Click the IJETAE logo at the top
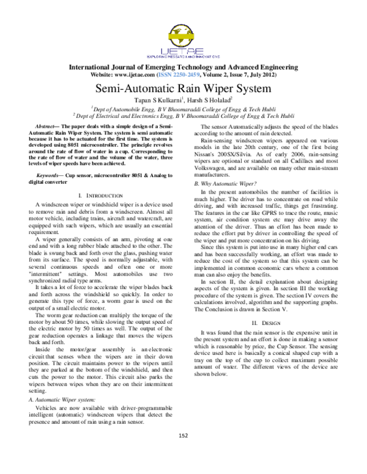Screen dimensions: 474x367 183,37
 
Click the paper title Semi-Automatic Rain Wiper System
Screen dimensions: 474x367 183,87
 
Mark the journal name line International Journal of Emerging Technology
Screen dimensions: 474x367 183,66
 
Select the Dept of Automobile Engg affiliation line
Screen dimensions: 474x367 183,108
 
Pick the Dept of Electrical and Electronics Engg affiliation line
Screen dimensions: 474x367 183,115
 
